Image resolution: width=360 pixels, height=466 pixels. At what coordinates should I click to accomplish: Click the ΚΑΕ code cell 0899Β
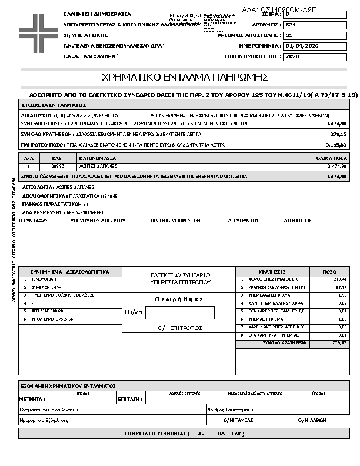pos(58,167)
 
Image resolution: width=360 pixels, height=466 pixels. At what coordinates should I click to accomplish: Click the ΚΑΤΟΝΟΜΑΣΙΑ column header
pos(98,158)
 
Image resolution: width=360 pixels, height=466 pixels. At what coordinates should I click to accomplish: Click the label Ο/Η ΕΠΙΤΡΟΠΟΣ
pos(180,327)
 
